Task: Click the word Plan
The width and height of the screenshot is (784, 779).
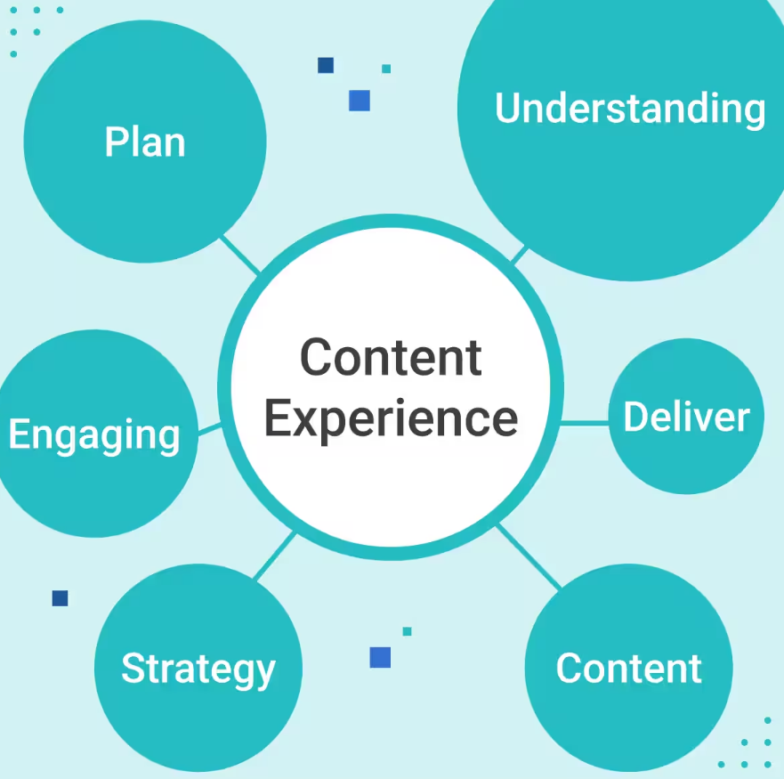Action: [145, 142]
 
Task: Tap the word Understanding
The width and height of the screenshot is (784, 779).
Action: [629, 109]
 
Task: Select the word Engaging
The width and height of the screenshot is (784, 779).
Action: [94, 435]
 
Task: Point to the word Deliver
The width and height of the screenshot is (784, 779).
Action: [686, 417]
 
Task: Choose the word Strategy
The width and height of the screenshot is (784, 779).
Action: [198, 669]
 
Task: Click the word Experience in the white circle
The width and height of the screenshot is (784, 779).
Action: [391, 418]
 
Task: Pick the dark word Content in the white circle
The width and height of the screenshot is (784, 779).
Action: [391, 357]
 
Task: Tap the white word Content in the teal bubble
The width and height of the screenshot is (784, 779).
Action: [628, 669]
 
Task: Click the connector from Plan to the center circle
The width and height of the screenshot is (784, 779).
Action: [239, 254]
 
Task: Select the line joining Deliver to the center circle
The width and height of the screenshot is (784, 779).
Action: [584, 423]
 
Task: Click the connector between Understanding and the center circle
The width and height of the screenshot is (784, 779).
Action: [519, 256]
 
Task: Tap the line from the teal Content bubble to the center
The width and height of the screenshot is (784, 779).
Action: [529, 556]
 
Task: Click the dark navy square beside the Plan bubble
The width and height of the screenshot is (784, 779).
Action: [326, 65]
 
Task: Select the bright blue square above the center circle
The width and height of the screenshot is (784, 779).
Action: [360, 101]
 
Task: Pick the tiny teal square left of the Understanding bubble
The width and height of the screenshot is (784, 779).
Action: [386, 69]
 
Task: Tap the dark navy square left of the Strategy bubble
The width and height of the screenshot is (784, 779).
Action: [60, 598]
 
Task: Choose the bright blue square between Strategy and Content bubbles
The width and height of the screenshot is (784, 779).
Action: [380, 657]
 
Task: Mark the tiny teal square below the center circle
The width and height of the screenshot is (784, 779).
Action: [407, 631]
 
